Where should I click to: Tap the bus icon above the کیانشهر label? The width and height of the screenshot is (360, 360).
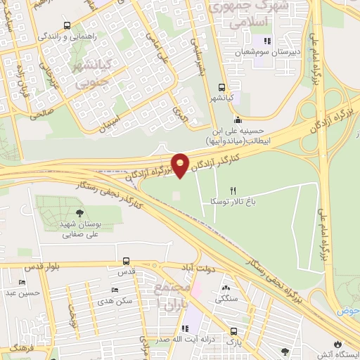pos(222,89)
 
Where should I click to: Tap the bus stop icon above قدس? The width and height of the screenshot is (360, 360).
pos(126,261)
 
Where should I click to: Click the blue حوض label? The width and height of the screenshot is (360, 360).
pos(349,310)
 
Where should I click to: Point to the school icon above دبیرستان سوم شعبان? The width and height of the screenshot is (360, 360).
pos(266,41)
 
